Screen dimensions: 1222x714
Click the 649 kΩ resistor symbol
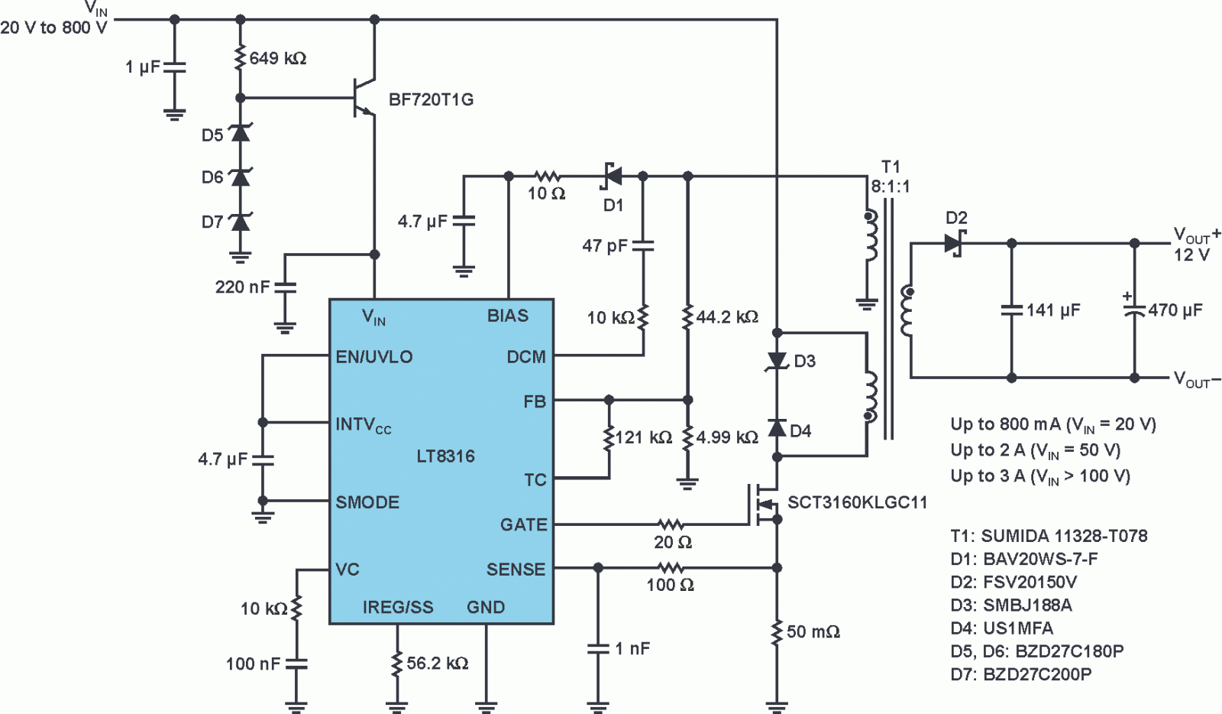(x=240, y=58)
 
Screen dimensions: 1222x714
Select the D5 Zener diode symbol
(x=240, y=133)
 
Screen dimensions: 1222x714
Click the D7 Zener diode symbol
(x=240, y=222)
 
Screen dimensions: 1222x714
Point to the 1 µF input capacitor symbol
(x=175, y=67)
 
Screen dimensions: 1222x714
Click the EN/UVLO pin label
(x=373, y=356)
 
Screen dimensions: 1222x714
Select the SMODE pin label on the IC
(x=367, y=502)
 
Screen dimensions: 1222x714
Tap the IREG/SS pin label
(x=398, y=607)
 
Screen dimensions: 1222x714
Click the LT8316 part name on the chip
(x=446, y=456)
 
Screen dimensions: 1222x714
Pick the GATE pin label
(x=523, y=524)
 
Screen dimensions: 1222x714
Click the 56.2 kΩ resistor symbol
(x=398, y=664)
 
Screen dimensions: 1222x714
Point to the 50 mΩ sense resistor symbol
(x=777, y=632)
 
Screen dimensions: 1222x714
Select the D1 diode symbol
(x=612, y=177)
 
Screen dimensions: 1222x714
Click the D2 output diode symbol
(x=954, y=243)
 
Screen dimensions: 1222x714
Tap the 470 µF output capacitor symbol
(x=1135, y=310)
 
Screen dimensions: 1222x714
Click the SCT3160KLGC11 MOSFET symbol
(x=764, y=503)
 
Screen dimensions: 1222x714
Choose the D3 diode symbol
(x=777, y=361)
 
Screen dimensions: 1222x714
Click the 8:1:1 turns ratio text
(x=891, y=187)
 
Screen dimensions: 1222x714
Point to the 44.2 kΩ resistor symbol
(x=688, y=316)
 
